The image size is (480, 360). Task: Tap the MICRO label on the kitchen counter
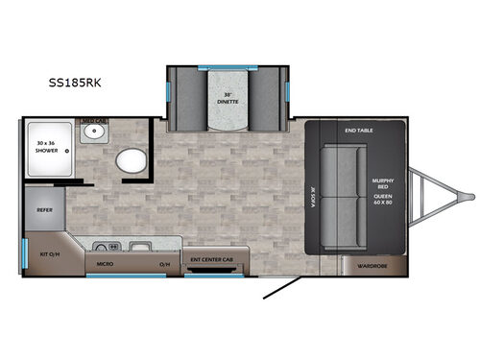[x=105, y=261]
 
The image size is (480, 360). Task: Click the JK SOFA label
[x=313, y=191]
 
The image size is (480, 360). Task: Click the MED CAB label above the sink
[x=93, y=121]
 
